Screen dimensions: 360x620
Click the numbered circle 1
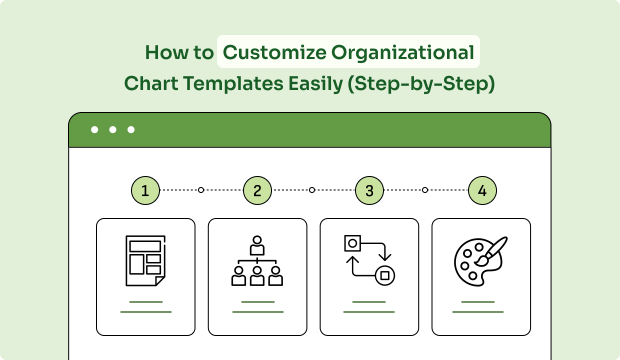click(146, 189)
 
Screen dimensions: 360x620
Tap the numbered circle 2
click(257, 189)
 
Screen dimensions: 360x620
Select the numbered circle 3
click(370, 189)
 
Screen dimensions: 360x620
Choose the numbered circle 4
click(482, 189)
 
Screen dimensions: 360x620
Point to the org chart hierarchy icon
click(257, 262)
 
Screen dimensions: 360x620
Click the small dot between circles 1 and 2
click(201, 189)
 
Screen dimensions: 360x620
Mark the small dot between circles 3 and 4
click(425, 189)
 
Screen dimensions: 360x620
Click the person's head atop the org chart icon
click(257, 241)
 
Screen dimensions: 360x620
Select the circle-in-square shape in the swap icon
click(353, 243)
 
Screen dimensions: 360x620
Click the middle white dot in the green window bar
click(112, 130)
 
